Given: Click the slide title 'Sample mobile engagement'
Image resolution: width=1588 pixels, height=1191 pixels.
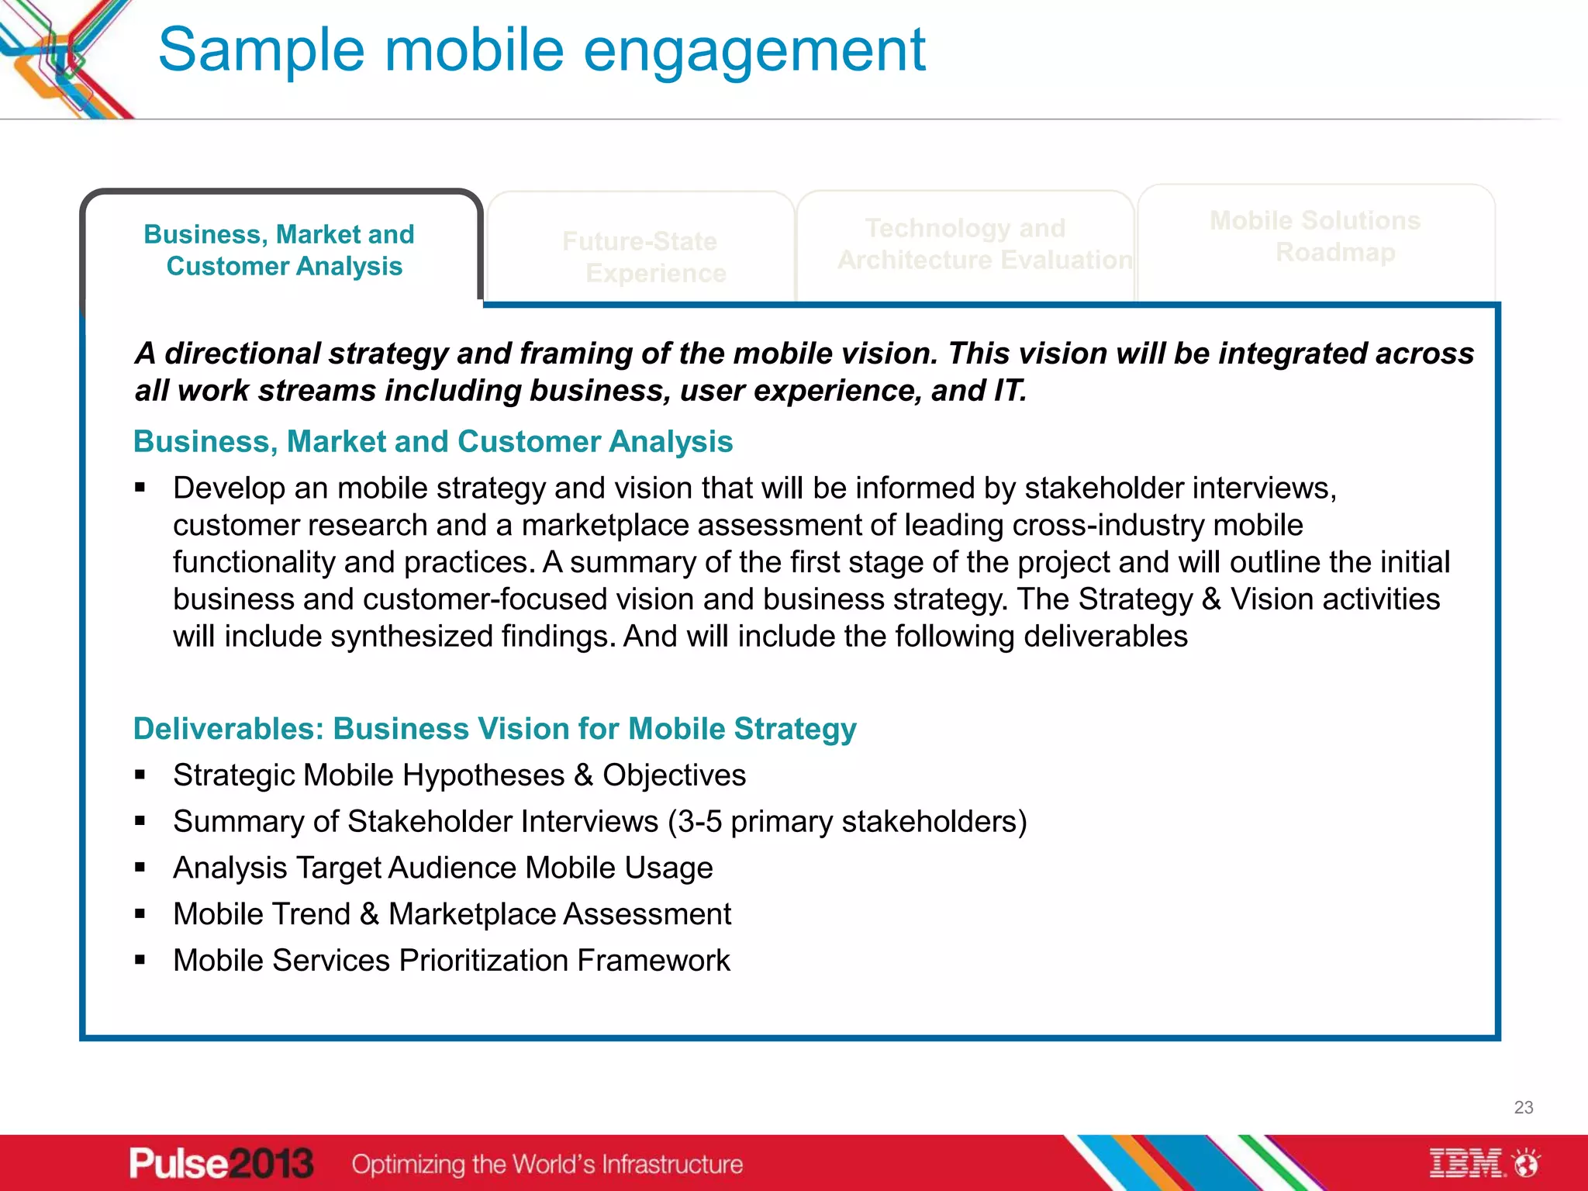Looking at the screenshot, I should (541, 50).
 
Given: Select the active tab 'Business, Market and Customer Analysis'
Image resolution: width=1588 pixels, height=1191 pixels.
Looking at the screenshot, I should (281, 250).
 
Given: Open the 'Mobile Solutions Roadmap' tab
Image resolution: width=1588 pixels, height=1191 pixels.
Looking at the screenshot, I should (1315, 236).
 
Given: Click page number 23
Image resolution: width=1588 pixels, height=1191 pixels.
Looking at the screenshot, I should (1523, 1107).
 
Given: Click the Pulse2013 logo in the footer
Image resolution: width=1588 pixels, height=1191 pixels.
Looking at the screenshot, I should (221, 1163).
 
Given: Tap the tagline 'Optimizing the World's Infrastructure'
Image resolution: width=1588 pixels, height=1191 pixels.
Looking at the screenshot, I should (547, 1164).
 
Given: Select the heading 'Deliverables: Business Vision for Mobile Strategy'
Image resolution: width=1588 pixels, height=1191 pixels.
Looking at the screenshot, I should (495, 729).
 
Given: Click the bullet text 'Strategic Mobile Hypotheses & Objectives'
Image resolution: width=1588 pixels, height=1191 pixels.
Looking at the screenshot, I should (459, 775).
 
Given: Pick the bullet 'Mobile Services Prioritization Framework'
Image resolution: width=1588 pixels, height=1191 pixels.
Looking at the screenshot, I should (451, 961).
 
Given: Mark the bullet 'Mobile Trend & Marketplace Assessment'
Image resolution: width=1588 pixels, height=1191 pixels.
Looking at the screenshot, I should (452, 914).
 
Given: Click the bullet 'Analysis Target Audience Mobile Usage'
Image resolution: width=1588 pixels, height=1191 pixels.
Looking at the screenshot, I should (443, 868).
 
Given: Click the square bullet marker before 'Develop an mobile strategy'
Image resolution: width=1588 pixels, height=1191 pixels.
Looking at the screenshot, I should (140, 488).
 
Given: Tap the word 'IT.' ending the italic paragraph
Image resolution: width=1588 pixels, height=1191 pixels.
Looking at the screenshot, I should (1010, 391).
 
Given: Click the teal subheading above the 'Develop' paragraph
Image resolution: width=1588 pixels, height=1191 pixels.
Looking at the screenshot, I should (433, 442).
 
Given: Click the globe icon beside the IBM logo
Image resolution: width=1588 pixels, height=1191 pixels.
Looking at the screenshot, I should (1527, 1163).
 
